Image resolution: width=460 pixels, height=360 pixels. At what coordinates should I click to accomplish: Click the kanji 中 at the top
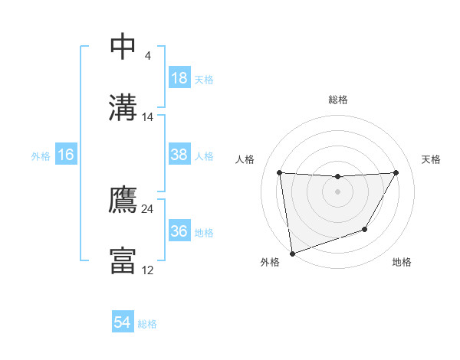point(123,46)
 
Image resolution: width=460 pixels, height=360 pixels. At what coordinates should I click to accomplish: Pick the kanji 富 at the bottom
point(123,260)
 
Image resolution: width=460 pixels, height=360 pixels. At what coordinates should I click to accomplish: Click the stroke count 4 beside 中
point(147,56)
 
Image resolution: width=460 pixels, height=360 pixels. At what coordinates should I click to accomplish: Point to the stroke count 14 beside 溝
point(148,117)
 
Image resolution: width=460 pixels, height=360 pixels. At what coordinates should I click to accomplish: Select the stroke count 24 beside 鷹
point(148,208)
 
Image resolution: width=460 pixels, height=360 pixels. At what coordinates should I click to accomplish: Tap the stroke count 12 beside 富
point(148,270)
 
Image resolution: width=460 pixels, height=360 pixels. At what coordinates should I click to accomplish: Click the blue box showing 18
point(179,78)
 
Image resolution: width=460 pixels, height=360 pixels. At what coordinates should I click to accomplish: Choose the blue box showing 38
point(179,155)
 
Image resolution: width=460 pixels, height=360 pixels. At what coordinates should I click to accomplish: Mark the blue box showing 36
point(179,231)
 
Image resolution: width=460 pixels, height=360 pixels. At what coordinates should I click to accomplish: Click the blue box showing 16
point(66,155)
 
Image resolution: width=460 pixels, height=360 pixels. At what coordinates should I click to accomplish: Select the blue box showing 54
point(122,322)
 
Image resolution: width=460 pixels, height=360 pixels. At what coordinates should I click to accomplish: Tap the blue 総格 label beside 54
point(147,324)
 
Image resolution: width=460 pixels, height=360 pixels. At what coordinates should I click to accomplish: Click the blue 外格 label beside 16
point(41,156)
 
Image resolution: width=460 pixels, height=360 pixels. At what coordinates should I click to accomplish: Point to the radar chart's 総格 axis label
point(337,100)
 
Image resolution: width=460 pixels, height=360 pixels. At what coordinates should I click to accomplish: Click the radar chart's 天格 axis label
point(432,159)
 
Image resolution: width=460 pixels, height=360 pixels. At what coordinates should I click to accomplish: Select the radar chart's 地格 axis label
point(402,263)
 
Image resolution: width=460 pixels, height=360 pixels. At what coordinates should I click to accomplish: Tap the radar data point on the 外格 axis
point(292,253)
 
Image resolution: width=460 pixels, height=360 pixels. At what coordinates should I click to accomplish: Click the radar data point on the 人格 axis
point(279,172)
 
